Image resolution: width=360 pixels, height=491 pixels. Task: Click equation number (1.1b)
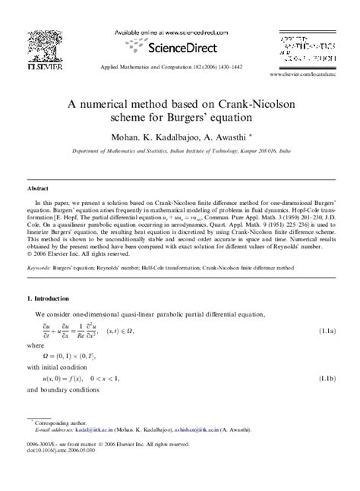[x=327, y=377]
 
